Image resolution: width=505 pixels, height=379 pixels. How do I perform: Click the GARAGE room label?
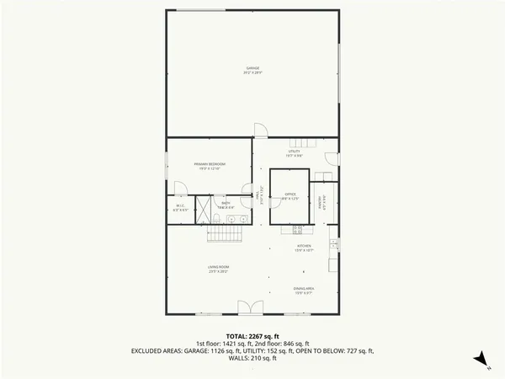[x=252, y=69]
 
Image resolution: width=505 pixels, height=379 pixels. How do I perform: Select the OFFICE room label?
[x=290, y=195]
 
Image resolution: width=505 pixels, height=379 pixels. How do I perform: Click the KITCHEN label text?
[x=303, y=248]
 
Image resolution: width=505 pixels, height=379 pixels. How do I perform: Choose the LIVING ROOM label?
[x=219, y=269]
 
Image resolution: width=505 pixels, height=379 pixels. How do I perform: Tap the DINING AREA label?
[x=303, y=291]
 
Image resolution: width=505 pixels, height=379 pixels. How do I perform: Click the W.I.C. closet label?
[x=181, y=207]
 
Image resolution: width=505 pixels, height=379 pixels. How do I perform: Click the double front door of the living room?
[x=246, y=307]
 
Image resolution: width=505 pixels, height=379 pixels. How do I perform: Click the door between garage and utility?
[x=261, y=131]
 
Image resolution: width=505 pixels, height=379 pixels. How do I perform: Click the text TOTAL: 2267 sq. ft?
[x=252, y=336]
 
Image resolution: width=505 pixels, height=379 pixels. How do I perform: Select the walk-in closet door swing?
[x=179, y=189]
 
